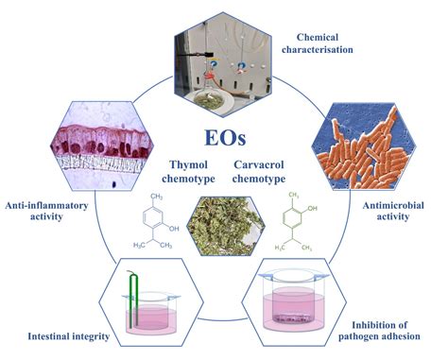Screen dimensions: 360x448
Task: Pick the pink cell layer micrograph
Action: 97,142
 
